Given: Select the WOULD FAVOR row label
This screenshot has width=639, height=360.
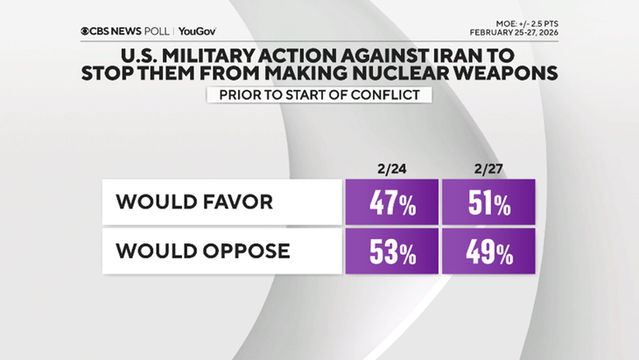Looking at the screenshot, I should (194, 202).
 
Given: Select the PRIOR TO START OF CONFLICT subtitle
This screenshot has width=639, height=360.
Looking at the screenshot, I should (319, 95).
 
